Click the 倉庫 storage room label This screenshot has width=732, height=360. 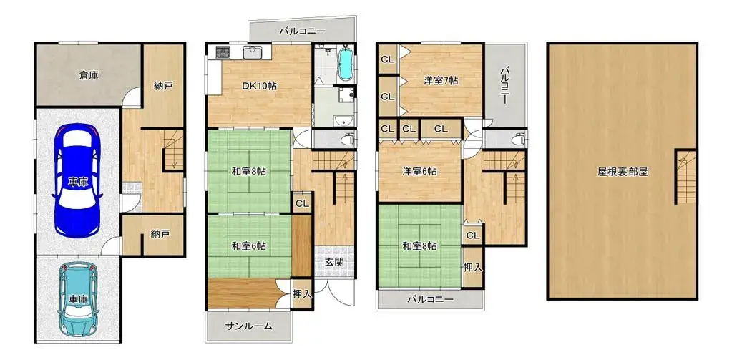(89, 74)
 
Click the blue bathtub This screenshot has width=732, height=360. (345, 65)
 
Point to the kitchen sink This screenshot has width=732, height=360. (253, 53)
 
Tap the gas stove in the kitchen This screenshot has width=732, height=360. (220, 53)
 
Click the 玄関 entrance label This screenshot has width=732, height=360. (334, 262)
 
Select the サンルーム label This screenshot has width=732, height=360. (249, 326)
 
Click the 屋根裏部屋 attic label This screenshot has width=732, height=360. (623, 172)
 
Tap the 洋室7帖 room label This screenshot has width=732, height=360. (441, 81)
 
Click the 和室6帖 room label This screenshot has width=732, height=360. (249, 245)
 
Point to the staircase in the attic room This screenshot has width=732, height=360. (685, 177)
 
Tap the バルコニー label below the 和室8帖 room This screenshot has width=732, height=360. (431, 299)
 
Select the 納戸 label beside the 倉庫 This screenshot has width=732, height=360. (163, 85)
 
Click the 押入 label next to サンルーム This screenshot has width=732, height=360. (303, 293)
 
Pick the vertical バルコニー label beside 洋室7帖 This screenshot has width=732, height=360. (504, 86)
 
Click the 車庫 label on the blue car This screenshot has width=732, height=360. (79, 182)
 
